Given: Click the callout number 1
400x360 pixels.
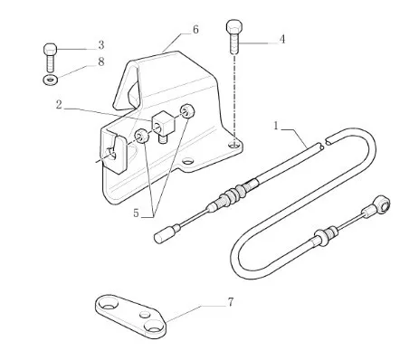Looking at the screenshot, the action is point(275,126).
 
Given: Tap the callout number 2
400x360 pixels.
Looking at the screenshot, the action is point(59,105).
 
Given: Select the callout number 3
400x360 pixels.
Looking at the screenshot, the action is point(101,45).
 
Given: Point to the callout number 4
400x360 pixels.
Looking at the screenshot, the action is point(282,39).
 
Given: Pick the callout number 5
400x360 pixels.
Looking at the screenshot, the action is point(136,213).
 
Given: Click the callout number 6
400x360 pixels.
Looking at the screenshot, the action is point(195,30).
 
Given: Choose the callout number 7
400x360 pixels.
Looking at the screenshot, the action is point(231,302).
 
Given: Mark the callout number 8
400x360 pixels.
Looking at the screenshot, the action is point(101,62).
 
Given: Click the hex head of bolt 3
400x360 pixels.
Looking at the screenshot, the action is point(51,50).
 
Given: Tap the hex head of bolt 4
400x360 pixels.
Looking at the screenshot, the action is point(233,28).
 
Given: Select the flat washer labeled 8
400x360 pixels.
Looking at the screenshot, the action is point(51,81).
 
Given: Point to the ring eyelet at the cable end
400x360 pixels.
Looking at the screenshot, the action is point(383,205).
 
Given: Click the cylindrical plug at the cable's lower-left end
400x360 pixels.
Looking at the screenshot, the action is point(163,234).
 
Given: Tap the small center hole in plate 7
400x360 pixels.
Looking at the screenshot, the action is point(145,315).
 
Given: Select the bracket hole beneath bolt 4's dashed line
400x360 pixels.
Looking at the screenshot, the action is point(233,145).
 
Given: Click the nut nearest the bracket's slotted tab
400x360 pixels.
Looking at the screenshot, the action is point(141,136).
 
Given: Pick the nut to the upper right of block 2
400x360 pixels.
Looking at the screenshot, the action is point(187,112).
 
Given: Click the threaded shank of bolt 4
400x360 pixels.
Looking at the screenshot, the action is point(234,44).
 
